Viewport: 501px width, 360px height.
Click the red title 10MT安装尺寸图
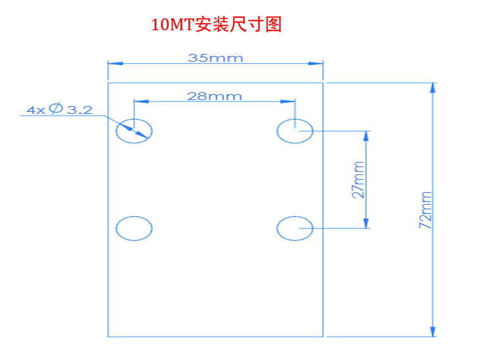pyautogui.click(x=217, y=24)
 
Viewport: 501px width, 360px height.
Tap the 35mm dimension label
pyautogui.click(x=215, y=58)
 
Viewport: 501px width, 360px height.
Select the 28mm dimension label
pyautogui.click(x=214, y=96)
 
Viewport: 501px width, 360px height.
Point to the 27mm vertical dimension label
pyautogui.click(x=358, y=180)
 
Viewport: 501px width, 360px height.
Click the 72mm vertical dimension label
pyautogui.click(x=425, y=210)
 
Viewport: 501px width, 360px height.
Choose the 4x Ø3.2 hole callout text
pyautogui.click(x=59, y=109)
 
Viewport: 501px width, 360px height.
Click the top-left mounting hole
pyautogui.click(x=134, y=119)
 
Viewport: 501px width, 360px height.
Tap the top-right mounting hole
pyautogui.click(x=295, y=119)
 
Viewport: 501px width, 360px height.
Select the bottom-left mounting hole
pyautogui.click(x=134, y=217)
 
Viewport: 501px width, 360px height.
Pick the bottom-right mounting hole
pyautogui.click(x=295, y=217)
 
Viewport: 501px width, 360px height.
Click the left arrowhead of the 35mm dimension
pyautogui.click(x=115, y=63)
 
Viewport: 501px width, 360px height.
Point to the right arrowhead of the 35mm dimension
pyautogui.click(x=315, y=63)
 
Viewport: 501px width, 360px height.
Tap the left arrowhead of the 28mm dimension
pyautogui.click(x=142, y=101)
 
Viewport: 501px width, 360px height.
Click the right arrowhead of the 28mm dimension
pyautogui.click(x=288, y=101)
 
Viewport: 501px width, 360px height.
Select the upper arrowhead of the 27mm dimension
pyautogui.click(x=366, y=136)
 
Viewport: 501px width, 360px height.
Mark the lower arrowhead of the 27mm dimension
pyautogui.click(x=366, y=223)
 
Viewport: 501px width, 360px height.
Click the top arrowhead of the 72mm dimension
pyautogui.click(x=433, y=88)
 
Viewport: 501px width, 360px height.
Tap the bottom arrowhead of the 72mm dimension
pyautogui.click(x=433, y=332)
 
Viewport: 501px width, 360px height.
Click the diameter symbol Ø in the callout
pyautogui.click(x=56, y=109)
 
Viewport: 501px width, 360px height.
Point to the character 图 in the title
pyautogui.click(x=273, y=24)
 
